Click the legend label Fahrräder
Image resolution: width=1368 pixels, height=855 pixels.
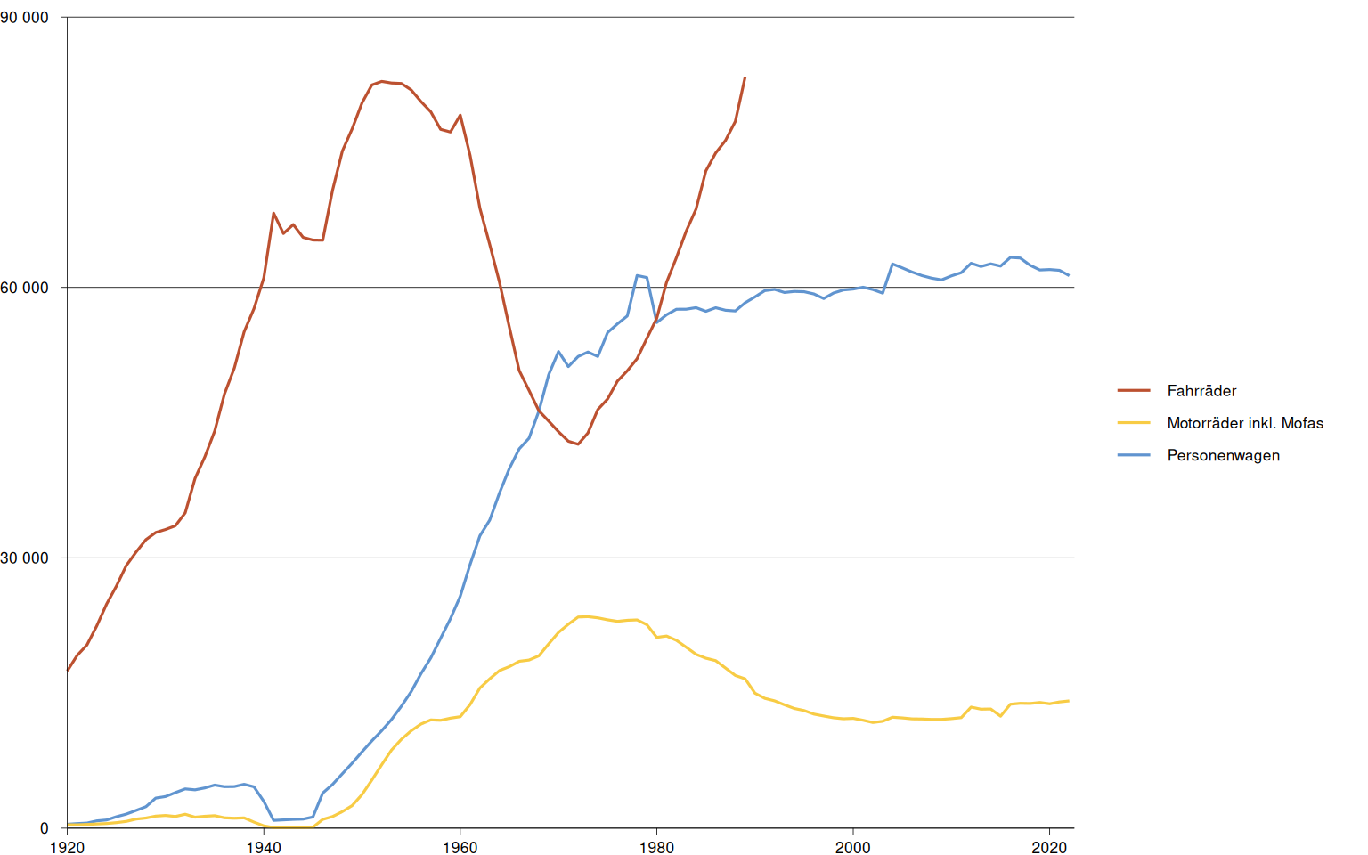coord(1201,391)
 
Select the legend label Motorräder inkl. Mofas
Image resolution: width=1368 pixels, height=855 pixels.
coord(1245,423)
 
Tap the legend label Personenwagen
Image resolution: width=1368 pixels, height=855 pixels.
coord(1223,455)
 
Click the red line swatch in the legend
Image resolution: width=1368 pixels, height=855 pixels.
coord(1134,391)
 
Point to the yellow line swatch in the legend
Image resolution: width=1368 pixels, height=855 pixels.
coord(1134,423)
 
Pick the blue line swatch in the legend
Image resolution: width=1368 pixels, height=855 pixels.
coord(1134,455)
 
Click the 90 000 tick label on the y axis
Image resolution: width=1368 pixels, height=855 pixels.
coord(25,18)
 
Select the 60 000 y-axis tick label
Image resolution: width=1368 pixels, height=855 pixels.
coord(25,288)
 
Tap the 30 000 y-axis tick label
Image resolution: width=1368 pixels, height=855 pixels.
coord(25,558)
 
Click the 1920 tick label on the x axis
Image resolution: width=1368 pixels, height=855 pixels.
coord(67,847)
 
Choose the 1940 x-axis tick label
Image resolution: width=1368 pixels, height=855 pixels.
coord(264,847)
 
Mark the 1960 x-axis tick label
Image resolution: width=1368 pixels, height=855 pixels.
coord(460,847)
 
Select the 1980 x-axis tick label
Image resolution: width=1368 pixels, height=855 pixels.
coord(656,847)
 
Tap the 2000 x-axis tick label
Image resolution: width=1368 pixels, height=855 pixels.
coord(853,847)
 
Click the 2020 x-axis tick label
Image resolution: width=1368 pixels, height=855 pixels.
coord(1049,847)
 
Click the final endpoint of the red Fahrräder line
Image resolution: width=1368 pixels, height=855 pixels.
coord(745,77)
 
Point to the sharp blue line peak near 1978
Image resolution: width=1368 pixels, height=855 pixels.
coord(638,275)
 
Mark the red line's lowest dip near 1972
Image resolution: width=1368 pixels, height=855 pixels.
coord(579,444)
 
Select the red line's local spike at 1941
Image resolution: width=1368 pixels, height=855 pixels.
coord(273,213)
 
